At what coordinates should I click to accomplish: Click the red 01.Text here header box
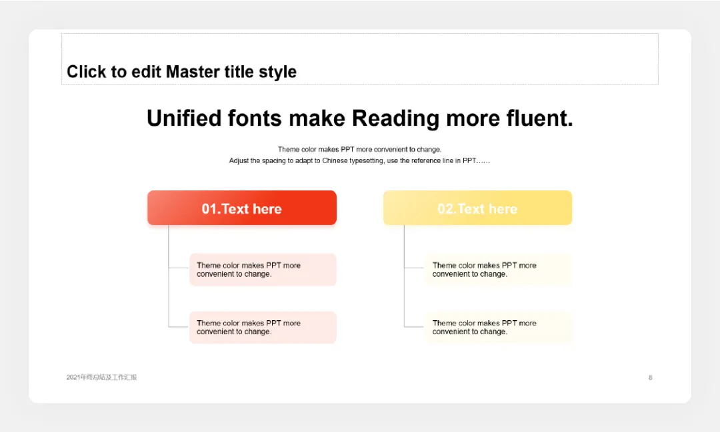[242, 208]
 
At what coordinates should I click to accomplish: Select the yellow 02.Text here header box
[477, 208]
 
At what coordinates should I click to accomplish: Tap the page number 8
[650, 377]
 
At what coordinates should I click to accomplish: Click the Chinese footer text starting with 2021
[101, 377]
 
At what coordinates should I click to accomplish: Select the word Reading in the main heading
[395, 118]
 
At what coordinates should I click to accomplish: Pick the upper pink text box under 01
[263, 270]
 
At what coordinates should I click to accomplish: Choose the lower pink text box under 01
[263, 327]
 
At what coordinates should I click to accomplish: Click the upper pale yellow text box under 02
[498, 270]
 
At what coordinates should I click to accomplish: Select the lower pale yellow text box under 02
[498, 327]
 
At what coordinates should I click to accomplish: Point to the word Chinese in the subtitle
[335, 161]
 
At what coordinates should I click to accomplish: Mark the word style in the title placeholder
[277, 72]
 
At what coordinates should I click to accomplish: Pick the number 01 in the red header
[209, 209]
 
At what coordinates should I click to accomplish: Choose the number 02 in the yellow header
[445, 209]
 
